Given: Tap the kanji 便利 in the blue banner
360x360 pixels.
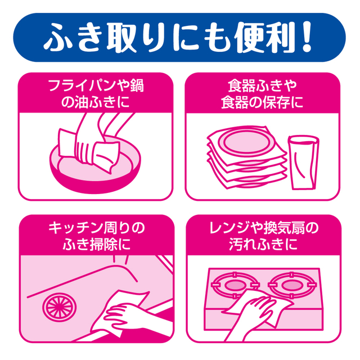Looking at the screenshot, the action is pos(264,37).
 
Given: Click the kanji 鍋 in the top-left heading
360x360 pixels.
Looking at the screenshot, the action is pos(137,85).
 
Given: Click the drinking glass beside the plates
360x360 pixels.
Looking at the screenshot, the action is pos(304,163).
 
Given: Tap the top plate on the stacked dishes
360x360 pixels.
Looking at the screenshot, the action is pos(246,142).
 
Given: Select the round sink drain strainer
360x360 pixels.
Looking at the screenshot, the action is pos(59,307).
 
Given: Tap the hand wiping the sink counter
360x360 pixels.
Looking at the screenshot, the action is pos(129,317).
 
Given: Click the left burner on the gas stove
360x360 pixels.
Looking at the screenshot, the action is pos(235,285).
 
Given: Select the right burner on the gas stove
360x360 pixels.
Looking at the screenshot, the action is pos(291,285).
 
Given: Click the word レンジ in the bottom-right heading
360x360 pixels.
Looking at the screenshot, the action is pos(230,228).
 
